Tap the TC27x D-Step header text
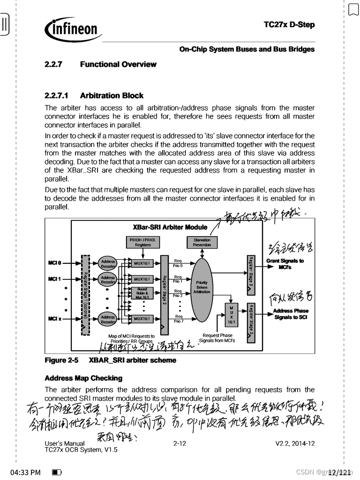[x=289, y=25]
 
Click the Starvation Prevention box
[x=202, y=242]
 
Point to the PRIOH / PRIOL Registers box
[x=143, y=242]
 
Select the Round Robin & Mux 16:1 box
[x=142, y=293]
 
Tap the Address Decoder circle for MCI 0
[x=108, y=263]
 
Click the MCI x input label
[x=54, y=319]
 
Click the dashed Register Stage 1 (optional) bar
[x=85, y=295]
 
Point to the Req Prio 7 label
[x=178, y=319]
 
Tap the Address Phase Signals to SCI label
[x=291, y=314]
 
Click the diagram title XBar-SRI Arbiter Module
[x=170, y=227]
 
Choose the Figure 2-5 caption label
[x=61, y=360]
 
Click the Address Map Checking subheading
[x=83, y=378]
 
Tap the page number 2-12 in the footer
[x=180, y=443]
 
